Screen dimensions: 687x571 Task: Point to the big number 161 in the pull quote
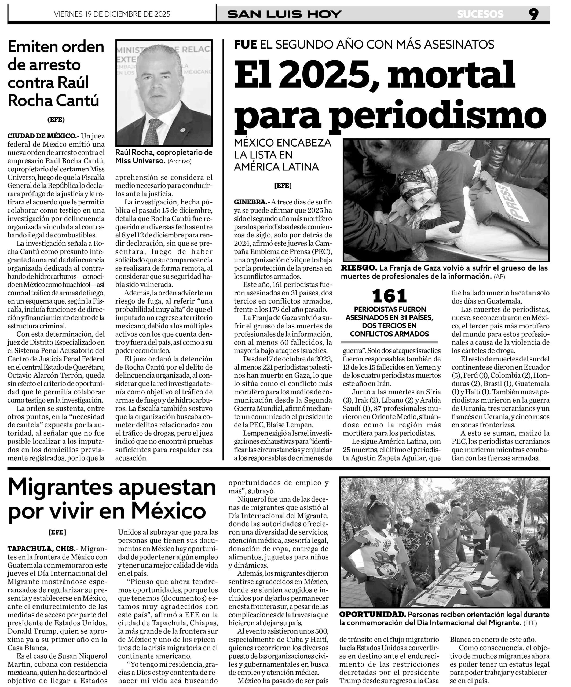[x=389, y=296]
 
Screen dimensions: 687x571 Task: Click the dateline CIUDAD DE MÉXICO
[x=41, y=136]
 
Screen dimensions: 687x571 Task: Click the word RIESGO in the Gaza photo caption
[x=358, y=268]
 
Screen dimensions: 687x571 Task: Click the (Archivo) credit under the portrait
[x=180, y=161]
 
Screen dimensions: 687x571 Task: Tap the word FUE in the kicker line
[x=245, y=45]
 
